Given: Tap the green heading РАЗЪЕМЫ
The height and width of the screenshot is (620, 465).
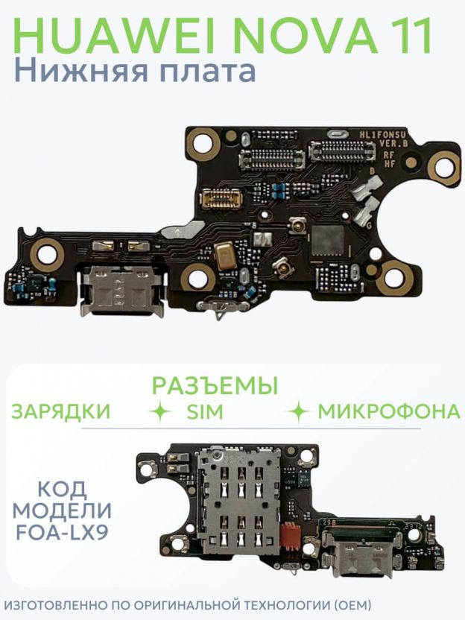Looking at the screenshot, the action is (215, 385).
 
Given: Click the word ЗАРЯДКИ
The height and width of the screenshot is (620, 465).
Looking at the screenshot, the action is (61, 411).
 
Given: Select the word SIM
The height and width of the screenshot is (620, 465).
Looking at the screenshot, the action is (205, 412).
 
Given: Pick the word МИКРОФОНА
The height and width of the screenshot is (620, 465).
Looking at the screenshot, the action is (389, 411).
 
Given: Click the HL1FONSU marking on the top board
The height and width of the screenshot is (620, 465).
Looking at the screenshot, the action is (382, 135).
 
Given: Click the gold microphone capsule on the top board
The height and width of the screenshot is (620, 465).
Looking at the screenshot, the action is (224, 256).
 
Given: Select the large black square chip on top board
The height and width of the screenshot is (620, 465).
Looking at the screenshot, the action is (328, 241).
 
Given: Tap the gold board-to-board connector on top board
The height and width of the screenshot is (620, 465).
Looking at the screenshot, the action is (221, 198).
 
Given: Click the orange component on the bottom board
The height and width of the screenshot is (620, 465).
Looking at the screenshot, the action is (290, 537).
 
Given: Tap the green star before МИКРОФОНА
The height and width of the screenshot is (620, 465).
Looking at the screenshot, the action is (299, 411).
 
